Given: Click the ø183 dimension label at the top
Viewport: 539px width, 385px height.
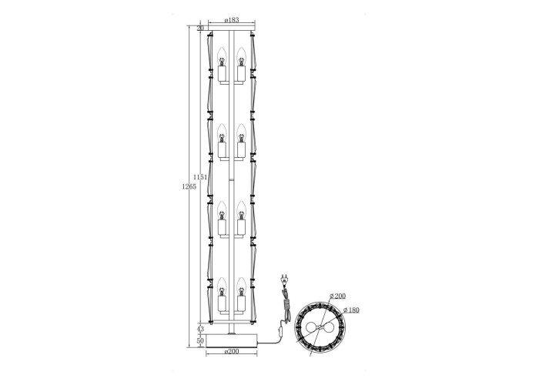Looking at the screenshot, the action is click(232, 20).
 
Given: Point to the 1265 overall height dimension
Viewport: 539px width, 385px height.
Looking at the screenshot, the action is click(189, 186).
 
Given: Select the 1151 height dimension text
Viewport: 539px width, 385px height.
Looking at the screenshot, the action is click(199, 177).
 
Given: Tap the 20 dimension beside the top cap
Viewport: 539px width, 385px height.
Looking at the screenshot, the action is click(201, 28).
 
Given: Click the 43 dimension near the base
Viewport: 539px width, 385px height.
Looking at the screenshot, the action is click(200, 330).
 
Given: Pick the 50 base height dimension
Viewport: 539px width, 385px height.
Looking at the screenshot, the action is click(200, 340).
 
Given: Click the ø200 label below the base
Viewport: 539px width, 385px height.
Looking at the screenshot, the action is click(231, 351).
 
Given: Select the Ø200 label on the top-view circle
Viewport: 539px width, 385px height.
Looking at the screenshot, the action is click(337, 296).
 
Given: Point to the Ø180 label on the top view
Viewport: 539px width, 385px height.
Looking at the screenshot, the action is click(351, 310).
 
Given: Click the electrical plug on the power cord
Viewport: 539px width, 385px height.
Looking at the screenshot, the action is click(284, 280).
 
